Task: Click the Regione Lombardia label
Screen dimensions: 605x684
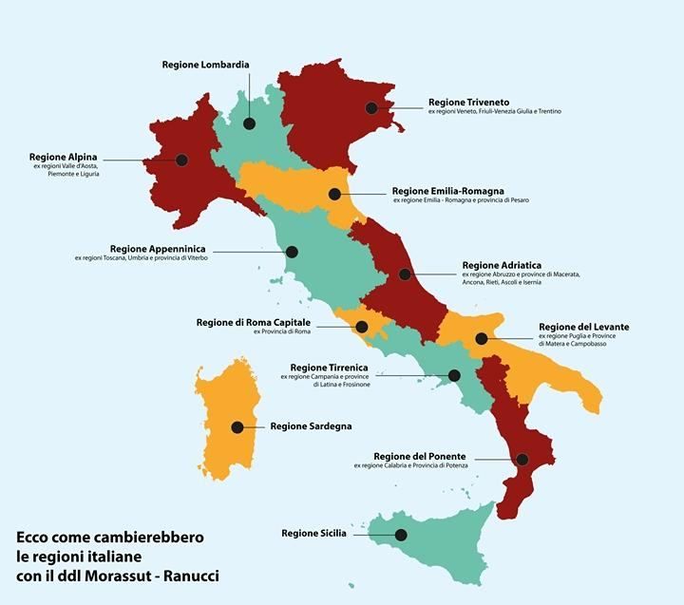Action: click(x=204, y=65)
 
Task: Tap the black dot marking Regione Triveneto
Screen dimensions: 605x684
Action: click(x=372, y=108)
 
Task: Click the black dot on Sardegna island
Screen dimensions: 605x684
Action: click(x=237, y=427)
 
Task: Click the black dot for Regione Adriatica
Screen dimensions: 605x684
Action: click(x=406, y=274)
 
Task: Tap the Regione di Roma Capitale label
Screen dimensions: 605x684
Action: click(x=255, y=322)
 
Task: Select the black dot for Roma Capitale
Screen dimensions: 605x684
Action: click(x=361, y=328)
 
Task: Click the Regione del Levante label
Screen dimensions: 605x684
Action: click(x=583, y=326)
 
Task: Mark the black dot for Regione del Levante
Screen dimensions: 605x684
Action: click(x=482, y=338)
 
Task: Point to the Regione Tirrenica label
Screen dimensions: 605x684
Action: click(x=330, y=367)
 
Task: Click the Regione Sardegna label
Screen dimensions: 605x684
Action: click(x=311, y=427)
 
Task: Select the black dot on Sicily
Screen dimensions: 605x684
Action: click(x=401, y=535)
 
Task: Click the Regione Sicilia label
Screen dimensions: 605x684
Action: click(x=313, y=534)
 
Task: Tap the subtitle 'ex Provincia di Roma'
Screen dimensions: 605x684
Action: click(x=282, y=332)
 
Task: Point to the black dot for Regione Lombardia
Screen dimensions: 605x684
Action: click(x=249, y=123)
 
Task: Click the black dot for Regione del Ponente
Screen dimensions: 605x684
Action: click(x=522, y=460)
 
